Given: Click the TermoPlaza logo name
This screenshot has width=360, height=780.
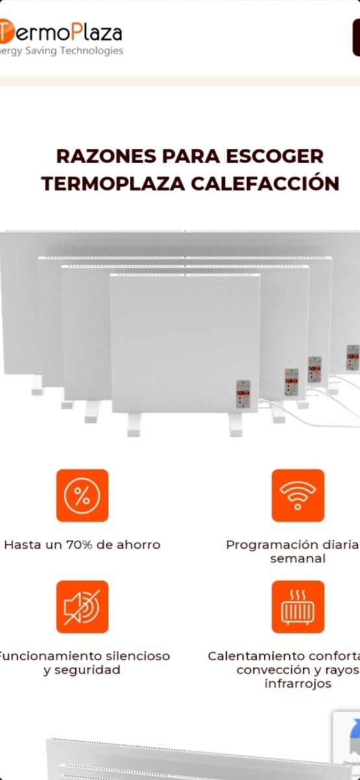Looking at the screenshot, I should click(61, 31).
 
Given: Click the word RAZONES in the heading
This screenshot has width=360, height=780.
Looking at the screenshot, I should click(107, 157).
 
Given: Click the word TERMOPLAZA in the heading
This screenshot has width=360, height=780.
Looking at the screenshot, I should click(113, 183).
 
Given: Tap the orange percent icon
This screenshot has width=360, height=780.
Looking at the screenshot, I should click(83, 495).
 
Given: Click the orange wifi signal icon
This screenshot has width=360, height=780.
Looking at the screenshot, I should click(298, 495).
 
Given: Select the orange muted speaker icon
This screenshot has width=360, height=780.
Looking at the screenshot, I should click(83, 606).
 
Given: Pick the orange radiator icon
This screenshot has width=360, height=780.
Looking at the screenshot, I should click(298, 606).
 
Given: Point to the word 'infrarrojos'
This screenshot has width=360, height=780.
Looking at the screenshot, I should click(298, 683).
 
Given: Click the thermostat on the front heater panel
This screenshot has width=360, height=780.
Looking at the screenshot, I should click(243, 395).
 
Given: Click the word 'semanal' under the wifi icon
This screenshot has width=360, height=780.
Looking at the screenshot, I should click(298, 558).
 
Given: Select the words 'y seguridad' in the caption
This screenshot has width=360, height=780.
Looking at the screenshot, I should click(82, 669).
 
